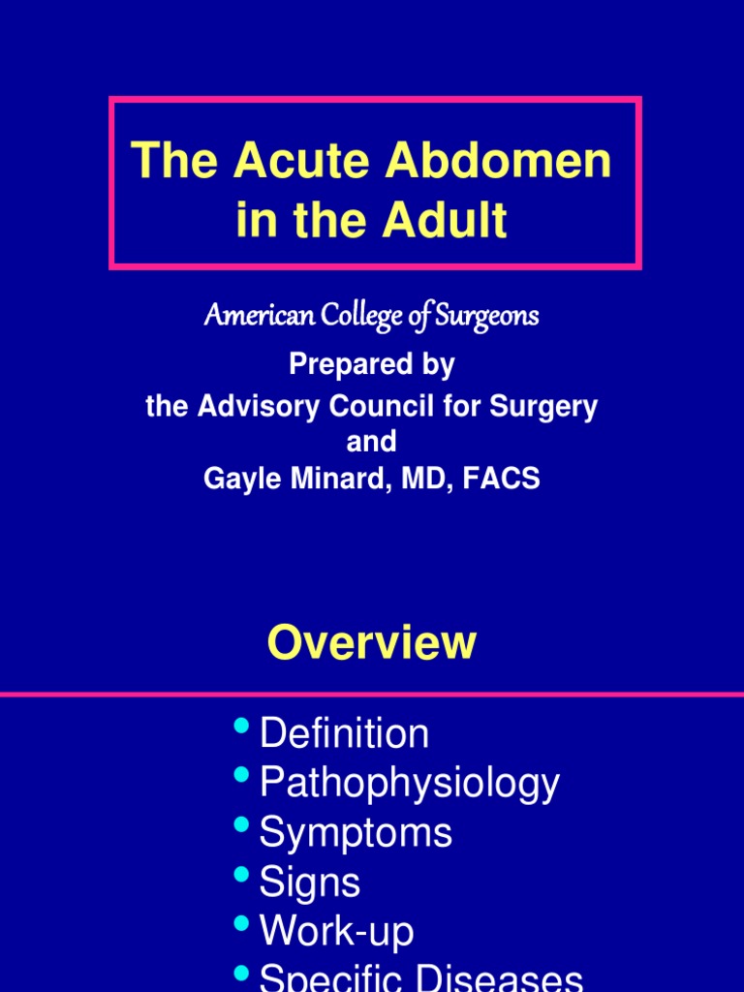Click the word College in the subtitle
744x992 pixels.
[356, 316]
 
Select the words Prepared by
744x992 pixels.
[372, 365]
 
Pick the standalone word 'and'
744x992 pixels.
[372, 442]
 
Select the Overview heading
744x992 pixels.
[372, 642]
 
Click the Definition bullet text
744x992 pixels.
[344, 733]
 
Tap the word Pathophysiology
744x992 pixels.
[410, 783]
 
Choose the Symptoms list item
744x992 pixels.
[356, 832]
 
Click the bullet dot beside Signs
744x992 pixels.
[242, 875]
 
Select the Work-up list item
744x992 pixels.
[336, 932]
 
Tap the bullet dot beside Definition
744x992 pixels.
[242, 726]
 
